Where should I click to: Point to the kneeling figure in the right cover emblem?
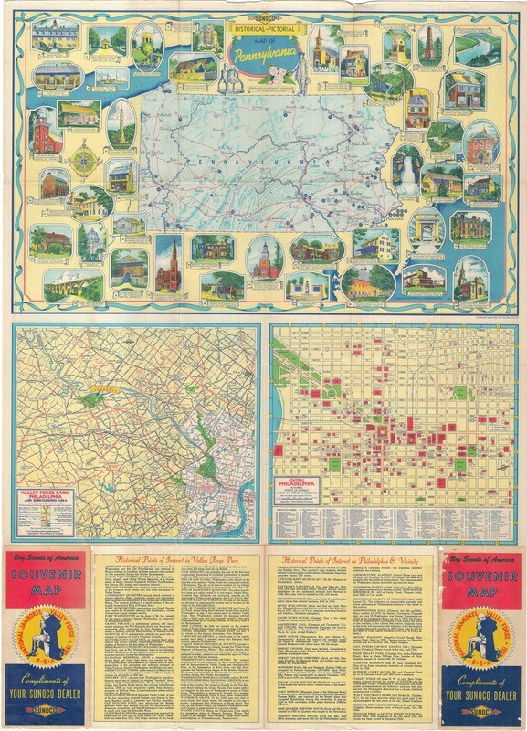click(x=480, y=635)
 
